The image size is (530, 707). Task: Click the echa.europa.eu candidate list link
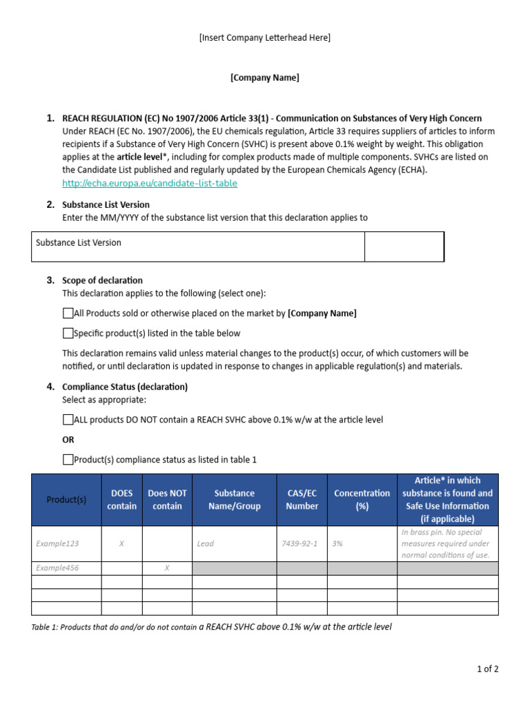point(149,183)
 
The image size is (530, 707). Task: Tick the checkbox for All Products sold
point(68,313)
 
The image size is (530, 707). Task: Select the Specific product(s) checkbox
point(68,333)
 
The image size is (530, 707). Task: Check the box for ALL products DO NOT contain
point(68,420)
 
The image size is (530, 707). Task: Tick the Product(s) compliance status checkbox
point(68,460)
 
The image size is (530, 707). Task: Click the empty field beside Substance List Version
point(404,247)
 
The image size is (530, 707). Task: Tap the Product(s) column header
point(66,500)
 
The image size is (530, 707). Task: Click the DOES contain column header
point(121,500)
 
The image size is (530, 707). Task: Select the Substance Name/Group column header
point(234,500)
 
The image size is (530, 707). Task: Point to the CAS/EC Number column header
point(302,500)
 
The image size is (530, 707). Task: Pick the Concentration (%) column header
point(362,500)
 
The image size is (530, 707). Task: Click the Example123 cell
point(57,544)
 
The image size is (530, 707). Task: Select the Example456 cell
point(57,568)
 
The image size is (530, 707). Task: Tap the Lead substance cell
point(205,544)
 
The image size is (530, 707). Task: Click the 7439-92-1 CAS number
point(300,544)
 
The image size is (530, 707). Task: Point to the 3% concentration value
point(337,544)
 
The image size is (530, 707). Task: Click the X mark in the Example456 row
point(166,568)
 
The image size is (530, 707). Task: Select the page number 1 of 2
point(487,669)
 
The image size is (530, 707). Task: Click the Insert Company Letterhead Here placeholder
point(265,38)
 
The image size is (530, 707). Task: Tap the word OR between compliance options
point(68,440)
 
